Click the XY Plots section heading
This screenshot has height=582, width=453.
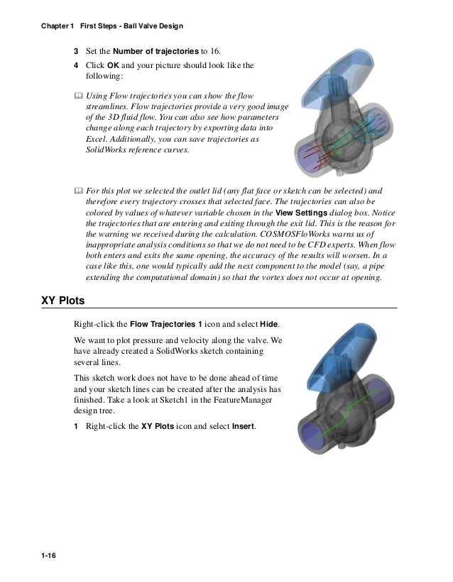click(63, 301)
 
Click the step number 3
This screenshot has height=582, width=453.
click(77, 52)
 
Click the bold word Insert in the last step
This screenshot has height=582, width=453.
click(244, 427)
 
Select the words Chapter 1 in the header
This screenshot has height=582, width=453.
click(57, 27)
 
